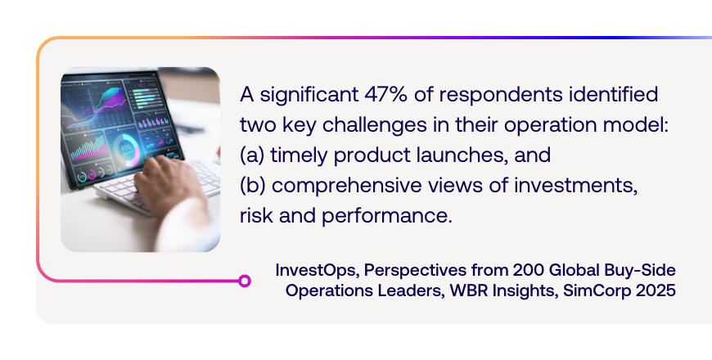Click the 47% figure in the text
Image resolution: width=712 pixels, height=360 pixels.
[x=385, y=94]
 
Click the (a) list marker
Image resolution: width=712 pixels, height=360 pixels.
[x=252, y=155]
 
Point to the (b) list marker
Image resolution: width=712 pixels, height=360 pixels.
[x=252, y=185]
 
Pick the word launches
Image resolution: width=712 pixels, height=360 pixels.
[x=462, y=155]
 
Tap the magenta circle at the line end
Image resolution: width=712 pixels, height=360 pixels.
[x=245, y=281]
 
